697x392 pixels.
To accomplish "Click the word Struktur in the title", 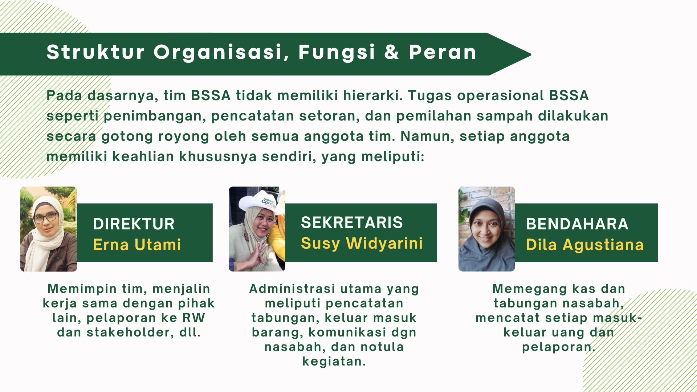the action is tap(96, 52).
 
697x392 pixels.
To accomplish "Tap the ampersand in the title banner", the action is tap(392, 52).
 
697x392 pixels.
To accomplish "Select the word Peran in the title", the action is tap(443, 52).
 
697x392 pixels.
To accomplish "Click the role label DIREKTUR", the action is tap(134, 224).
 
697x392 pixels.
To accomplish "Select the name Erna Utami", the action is tap(137, 245).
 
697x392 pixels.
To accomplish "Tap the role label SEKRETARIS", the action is tap(352, 222).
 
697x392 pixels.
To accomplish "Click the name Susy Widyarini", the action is tap(362, 243).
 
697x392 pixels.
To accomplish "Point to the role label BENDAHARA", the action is tap(577, 224).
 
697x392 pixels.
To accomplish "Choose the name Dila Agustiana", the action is tap(585, 245).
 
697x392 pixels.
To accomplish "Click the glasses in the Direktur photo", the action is tap(45, 218).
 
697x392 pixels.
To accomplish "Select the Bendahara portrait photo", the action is tap(487, 229).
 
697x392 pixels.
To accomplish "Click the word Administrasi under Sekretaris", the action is tap(292, 289).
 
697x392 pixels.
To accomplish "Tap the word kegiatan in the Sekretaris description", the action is tap(334, 362).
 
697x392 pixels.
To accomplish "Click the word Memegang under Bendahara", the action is tap(529, 289).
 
